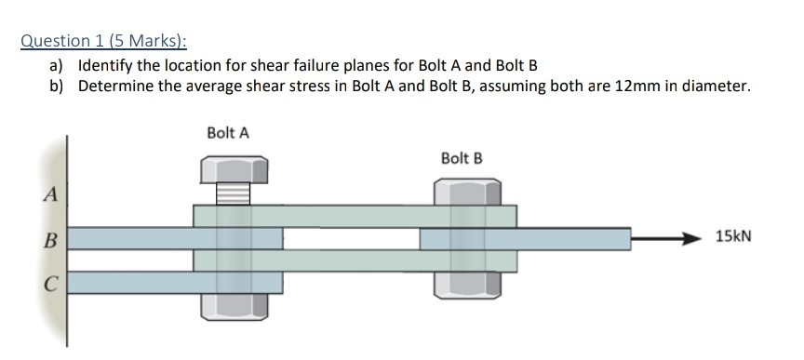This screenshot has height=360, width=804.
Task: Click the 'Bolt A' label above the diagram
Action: click(x=228, y=132)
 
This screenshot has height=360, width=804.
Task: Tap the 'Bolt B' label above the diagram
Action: click(x=462, y=157)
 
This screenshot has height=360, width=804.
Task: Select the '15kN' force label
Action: click(x=732, y=237)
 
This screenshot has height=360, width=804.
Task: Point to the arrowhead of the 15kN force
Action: click(x=690, y=238)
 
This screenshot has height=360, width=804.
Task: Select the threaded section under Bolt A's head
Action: click(x=234, y=193)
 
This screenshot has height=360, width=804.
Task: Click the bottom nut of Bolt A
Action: click(x=234, y=308)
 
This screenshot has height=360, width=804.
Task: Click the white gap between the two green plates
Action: click(x=352, y=238)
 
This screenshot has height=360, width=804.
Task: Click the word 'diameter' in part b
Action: click(x=716, y=87)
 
